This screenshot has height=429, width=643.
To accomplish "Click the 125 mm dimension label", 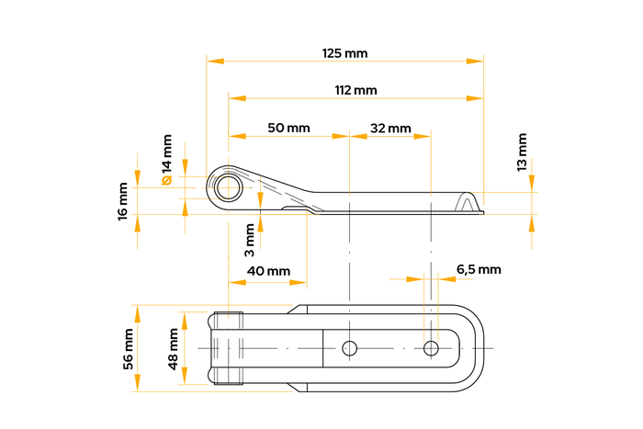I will tap(345, 53).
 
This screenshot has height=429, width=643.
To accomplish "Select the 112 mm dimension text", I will tap(355, 90).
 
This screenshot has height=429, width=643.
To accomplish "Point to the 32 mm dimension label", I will tap(390, 128).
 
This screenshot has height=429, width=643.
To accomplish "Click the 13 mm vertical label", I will tap(523, 152).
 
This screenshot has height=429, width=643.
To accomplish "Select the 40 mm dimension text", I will tap(268, 271).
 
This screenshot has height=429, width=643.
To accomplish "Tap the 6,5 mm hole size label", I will tap(479, 269).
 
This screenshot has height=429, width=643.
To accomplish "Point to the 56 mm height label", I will tap(128, 348).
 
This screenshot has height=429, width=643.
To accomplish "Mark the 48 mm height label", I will tap(174, 349).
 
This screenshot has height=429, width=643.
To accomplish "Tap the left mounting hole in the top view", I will tap(349, 348).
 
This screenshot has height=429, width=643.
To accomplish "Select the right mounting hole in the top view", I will tap(431, 348).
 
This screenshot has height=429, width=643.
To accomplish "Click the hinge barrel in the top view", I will tap(227, 349).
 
